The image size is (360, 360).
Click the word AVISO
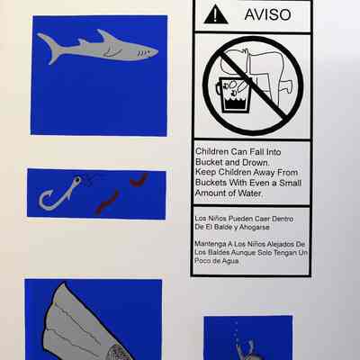point(267,14)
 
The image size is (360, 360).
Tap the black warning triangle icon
point(216,14)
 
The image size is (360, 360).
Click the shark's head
point(144,51)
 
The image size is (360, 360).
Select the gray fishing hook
point(58,193)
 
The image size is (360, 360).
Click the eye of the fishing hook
point(77,180)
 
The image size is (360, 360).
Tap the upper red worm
point(139,180)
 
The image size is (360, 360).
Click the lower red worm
point(107,202)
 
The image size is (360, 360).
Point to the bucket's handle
point(219,87)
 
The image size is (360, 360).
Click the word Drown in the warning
point(255,162)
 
